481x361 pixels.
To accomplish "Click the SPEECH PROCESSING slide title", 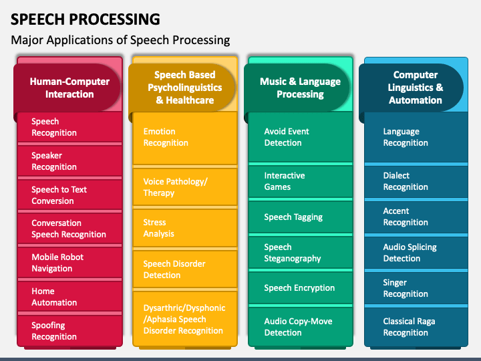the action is click(86, 19).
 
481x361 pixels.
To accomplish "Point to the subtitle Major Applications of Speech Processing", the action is click(120, 40).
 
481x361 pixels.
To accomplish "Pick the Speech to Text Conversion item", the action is click(69, 195).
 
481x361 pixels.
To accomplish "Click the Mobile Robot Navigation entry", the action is click(69, 263).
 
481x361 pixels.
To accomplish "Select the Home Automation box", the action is click(69, 297).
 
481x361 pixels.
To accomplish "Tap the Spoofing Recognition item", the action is click(69, 331).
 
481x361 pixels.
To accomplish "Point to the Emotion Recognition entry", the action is click(184, 138).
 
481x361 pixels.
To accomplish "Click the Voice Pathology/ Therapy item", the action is click(184, 187).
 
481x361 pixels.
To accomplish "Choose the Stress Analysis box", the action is click(184, 228).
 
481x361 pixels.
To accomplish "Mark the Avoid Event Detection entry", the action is click(301, 137).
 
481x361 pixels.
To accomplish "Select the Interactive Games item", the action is click(301, 181).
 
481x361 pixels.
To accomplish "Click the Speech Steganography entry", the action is click(301, 253).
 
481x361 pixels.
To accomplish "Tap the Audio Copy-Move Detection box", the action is click(301, 327).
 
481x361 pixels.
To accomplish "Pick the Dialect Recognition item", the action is click(416, 181).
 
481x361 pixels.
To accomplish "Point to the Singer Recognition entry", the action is click(416, 288).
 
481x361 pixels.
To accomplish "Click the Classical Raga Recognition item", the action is click(416, 327).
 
